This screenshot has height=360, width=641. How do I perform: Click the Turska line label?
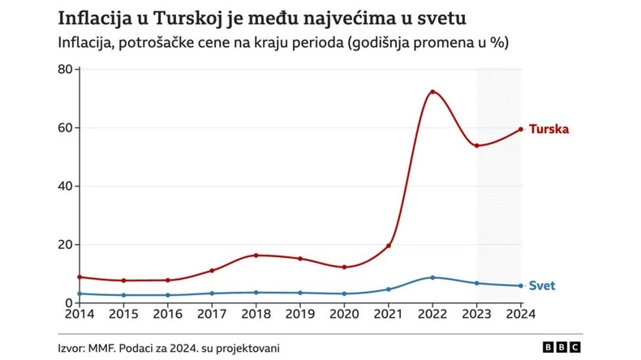[x=549, y=129]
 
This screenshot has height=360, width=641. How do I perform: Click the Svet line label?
[x=542, y=285]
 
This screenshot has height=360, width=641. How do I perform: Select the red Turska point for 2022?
[x=432, y=92]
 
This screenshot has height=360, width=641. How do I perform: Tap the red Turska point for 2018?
[x=256, y=255]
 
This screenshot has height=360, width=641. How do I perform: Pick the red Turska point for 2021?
[x=389, y=246]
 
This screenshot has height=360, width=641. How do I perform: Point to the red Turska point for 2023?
[x=477, y=146]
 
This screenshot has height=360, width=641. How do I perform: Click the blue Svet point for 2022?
[x=432, y=277]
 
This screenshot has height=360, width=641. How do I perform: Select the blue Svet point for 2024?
[x=521, y=285]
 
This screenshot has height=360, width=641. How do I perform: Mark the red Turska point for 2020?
[x=344, y=267]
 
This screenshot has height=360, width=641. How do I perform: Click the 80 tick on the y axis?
[x=65, y=69]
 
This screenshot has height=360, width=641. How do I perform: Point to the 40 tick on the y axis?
[x=65, y=186]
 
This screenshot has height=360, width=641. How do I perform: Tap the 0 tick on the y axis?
[x=69, y=302]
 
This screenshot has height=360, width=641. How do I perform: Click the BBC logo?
[x=562, y=347]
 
